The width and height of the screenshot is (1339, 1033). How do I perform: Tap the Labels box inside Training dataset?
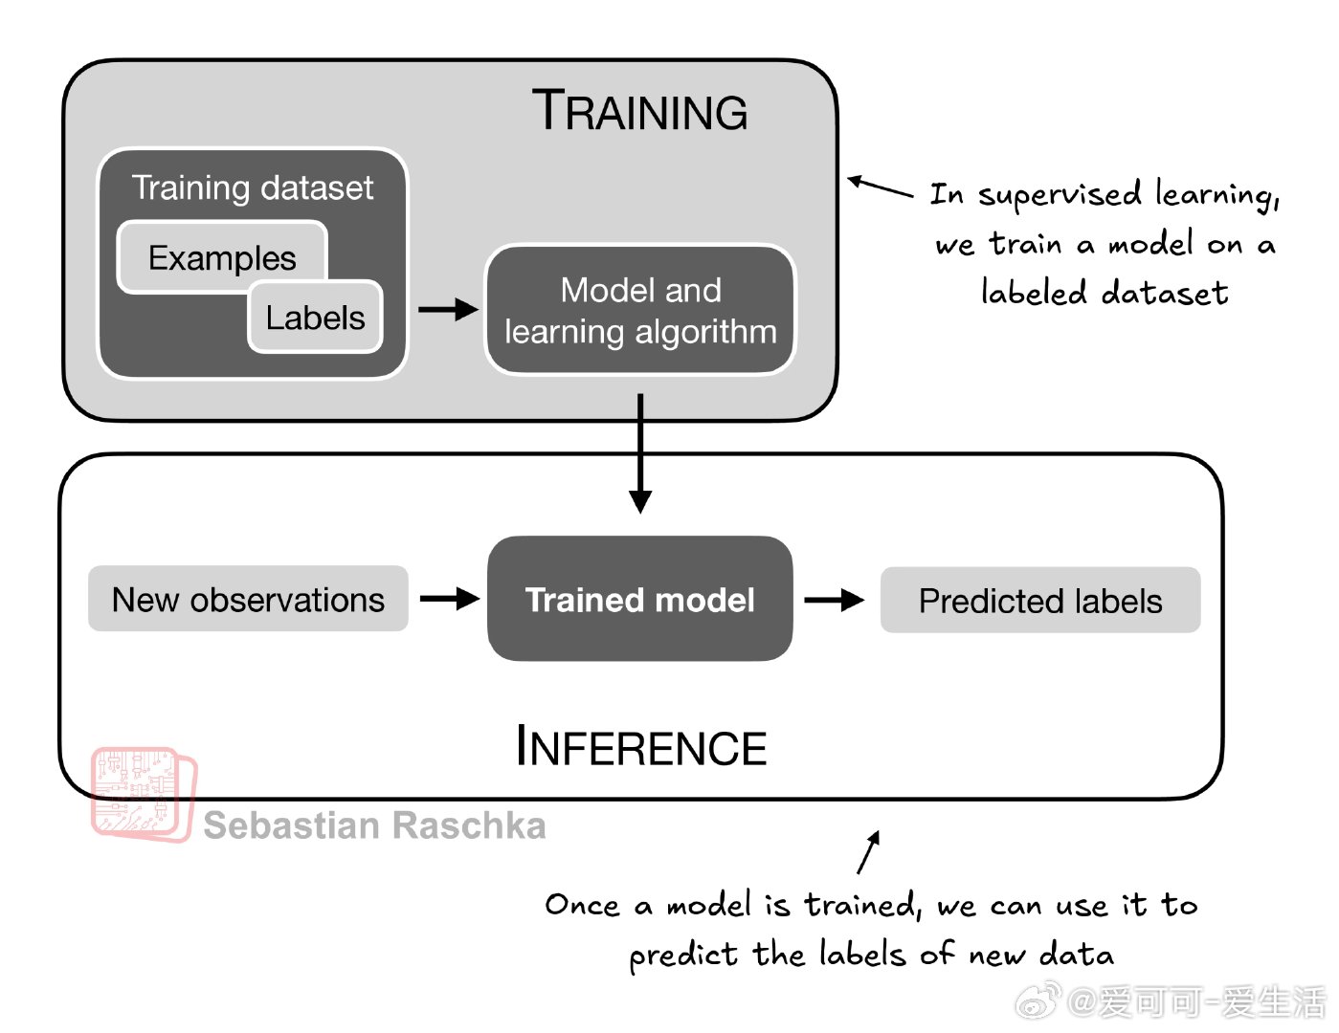pyautogui.click(x=316, y=318)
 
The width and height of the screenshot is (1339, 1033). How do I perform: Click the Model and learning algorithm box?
pyautogui.click(x=640, y=310)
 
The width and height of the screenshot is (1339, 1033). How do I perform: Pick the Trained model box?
pyautogui.click(x=639, y=599)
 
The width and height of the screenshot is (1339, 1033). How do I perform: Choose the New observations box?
pyautogui.click(x=248, y=599)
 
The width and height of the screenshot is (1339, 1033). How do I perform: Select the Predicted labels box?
pyautogui.click(x=1040, y=601)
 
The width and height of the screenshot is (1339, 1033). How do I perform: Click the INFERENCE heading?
pyautogui.click(x=641, y=747)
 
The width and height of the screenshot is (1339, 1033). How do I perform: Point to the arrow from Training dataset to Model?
pyautogui.click(x=448, y=309)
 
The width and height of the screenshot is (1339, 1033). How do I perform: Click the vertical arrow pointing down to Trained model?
pyautogui.click(x=640, y=453)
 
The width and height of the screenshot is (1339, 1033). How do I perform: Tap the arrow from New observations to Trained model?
pyautogui.click(x=450, y=599)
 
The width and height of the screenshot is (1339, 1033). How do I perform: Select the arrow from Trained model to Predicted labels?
pyautogui.click(x=835, y=600)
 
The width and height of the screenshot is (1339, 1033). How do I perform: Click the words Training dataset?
pyautogui.click(x=253, y=187)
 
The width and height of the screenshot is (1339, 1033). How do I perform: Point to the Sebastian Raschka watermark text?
pyautogui.click(x=374, y=825)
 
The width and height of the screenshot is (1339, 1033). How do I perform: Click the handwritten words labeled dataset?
pyautogui.click(x=1105, y=292)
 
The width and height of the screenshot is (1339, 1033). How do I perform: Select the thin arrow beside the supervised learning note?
pyautogui.click(x=881, y=186)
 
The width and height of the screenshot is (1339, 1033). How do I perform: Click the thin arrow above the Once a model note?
pyautogui.click(x=868, y=852)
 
